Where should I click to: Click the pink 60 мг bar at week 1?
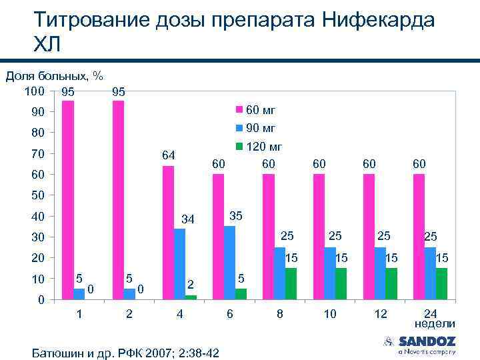point(68,200)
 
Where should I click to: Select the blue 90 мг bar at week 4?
point(179,263)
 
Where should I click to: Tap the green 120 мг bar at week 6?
point(241,293)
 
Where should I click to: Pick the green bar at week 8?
point(291,283)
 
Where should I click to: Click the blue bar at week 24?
point(430,273)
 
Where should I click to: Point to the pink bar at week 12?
point(369,236)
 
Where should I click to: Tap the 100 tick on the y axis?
point(35,90)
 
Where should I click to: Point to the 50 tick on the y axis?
point(37,195)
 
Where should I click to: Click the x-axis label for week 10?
point(330,313)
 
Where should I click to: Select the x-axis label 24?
point(431,313)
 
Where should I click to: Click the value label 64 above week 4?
point(169,155)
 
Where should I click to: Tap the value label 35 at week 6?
point(236,216)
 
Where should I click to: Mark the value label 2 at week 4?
point(190,284)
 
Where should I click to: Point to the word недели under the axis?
point(435,324)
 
